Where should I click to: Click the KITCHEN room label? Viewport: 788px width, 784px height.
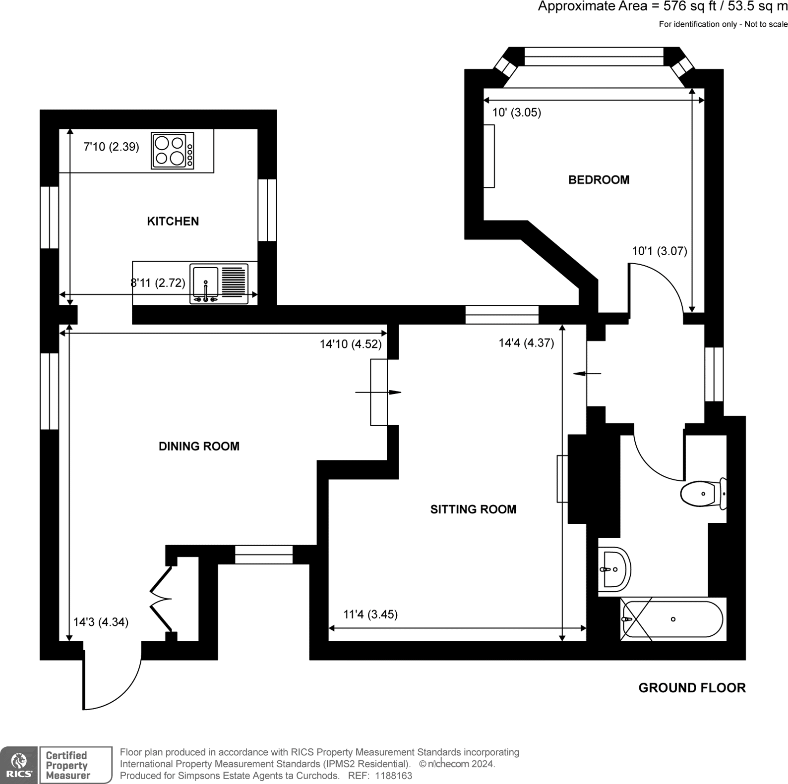[x=173, y=221]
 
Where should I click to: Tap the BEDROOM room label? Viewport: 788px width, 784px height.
[x=599, y=179]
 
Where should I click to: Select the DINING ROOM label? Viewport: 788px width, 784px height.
[x=199, y=446]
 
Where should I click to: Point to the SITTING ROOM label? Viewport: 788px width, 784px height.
[x=473, y=509]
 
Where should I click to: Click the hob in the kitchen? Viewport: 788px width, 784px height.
[x=173, y=151]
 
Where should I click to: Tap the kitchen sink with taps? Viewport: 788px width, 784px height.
[x=219, y=284]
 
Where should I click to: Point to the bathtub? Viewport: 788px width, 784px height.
[x=672, y=619]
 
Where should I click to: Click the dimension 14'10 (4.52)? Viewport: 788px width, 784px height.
[x=351, y=344]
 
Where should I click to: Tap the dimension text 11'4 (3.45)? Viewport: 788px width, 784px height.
[x=370, y=615]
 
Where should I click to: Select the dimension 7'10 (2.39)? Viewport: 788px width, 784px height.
[x=111, y=147]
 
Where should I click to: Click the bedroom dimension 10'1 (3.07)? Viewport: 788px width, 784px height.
[x=660, y=251]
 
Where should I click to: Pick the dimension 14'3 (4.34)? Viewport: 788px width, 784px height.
[x=101, y=622]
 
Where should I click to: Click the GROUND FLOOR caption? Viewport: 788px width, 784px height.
[x=692, y=688]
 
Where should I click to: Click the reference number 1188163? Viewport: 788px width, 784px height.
[x=394, y=776]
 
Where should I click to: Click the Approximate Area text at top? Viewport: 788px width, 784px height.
[x=663, y=6]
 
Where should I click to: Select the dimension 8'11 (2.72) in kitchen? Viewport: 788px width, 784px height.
[x=158, y=282]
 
